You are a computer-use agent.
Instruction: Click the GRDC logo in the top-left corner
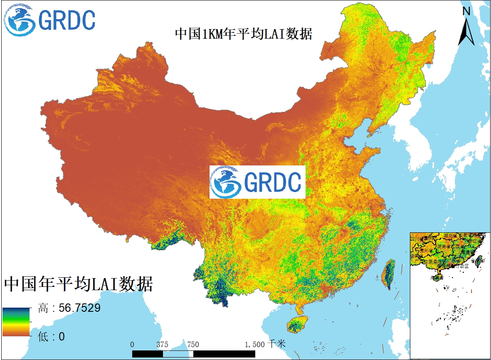(x=49, y=20)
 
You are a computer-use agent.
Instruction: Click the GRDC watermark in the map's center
(x=257, y=182)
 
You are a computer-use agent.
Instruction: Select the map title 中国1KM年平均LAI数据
(x=243, y=34)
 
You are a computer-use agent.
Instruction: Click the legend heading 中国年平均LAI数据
(x=79, y=284)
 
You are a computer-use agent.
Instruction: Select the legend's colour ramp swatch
(x=16, y=322)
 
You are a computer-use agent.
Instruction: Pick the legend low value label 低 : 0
(x=52, y=336)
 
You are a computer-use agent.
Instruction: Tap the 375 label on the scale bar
(x=162, y=344)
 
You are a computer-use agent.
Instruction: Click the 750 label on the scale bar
(x=193, y=344)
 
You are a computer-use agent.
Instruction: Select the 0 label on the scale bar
(x=132, y=344)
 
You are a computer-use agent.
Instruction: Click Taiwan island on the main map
(x=389, y=275)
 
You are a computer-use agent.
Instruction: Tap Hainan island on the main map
(x=298, y=324)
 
